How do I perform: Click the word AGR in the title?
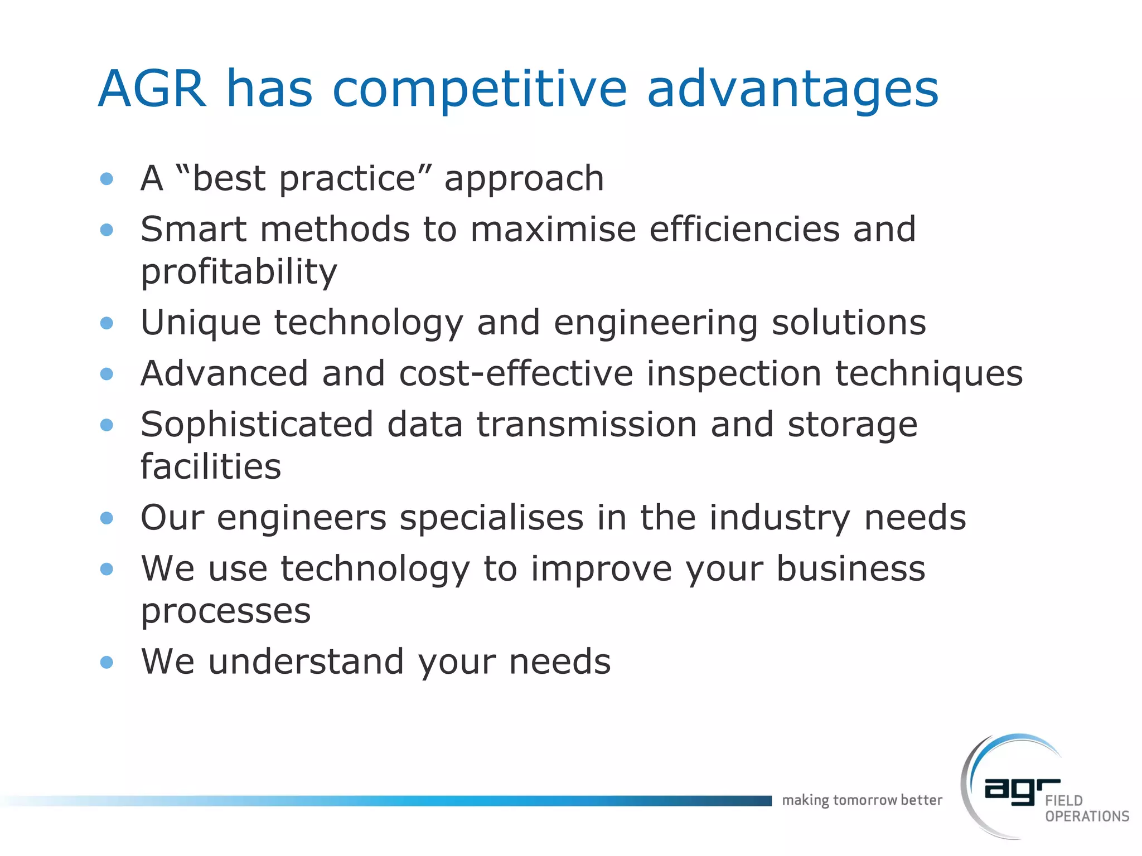coord(152,89)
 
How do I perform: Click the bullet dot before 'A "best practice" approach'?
coord(107,179)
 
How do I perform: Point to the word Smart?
coord(193,229)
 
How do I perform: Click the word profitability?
coord(239,273)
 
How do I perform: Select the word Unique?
coord(201,323)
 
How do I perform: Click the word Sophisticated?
coord(257,425)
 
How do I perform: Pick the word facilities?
coord(211,467)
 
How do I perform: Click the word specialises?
coord(492,518)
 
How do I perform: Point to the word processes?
coord(225,612)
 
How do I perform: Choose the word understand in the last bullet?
coord(306,662)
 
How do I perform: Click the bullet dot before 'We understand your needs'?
coord(107,662)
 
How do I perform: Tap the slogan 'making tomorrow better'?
coord(862,800)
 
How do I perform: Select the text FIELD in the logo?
coord(1064,801)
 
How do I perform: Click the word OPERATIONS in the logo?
coord(1087,816)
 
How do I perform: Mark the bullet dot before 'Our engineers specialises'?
coord(107,518)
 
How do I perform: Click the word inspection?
coord(734,374)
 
